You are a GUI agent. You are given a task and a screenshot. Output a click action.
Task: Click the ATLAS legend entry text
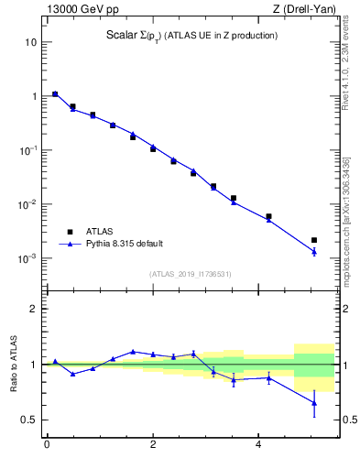pyautogui.click(x=101, y=232)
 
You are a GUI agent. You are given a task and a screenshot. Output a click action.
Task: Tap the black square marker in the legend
pyautogui.click(x=70, y=232)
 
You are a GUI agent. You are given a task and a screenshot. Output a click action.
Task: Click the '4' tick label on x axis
pyautogui.click(x=261, y=445)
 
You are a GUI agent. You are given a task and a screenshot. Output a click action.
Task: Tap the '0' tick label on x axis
pyautogui.click(x=47, y=445)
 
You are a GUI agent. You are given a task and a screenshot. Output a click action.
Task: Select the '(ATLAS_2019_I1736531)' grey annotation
pyautogui.click(x=190, y=274)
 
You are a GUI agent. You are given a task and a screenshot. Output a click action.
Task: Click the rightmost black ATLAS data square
pyautogui.click(x=314, y=240)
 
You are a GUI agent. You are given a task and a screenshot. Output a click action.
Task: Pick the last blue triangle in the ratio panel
pyautogui.click(x=314, y=402)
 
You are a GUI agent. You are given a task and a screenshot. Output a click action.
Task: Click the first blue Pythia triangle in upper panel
pyautogui.click(x=55, y=93)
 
